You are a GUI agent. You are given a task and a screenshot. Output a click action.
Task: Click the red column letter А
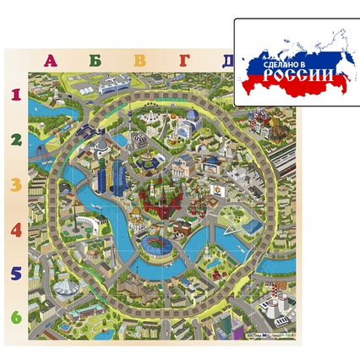tap(51, 61)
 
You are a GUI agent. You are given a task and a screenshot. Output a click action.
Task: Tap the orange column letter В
tap(139, 61)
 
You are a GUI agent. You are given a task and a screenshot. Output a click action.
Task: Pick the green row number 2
tap(15, 139)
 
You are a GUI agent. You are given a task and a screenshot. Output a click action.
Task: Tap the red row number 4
tap(15, 229)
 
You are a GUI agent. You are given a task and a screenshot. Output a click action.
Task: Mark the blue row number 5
tap(15, 274)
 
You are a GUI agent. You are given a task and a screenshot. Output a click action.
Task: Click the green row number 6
tap(15, 318)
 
